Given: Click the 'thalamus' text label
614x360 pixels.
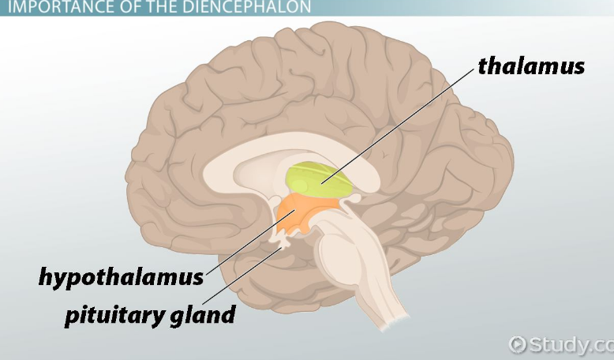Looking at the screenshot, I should (530, 66).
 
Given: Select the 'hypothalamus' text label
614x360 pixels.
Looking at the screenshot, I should (121, 277).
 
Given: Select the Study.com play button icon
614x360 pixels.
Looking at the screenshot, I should (518, 343).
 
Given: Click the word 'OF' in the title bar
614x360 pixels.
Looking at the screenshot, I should (130, 8).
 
